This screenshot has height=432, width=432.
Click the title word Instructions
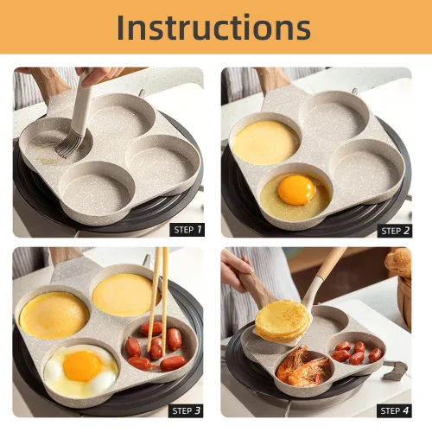[x=214, y=27]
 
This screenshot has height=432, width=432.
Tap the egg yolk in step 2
[x=295, y=189]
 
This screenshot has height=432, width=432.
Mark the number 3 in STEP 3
[x=200, y=410]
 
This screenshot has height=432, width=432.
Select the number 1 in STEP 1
[x=200, y=229]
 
